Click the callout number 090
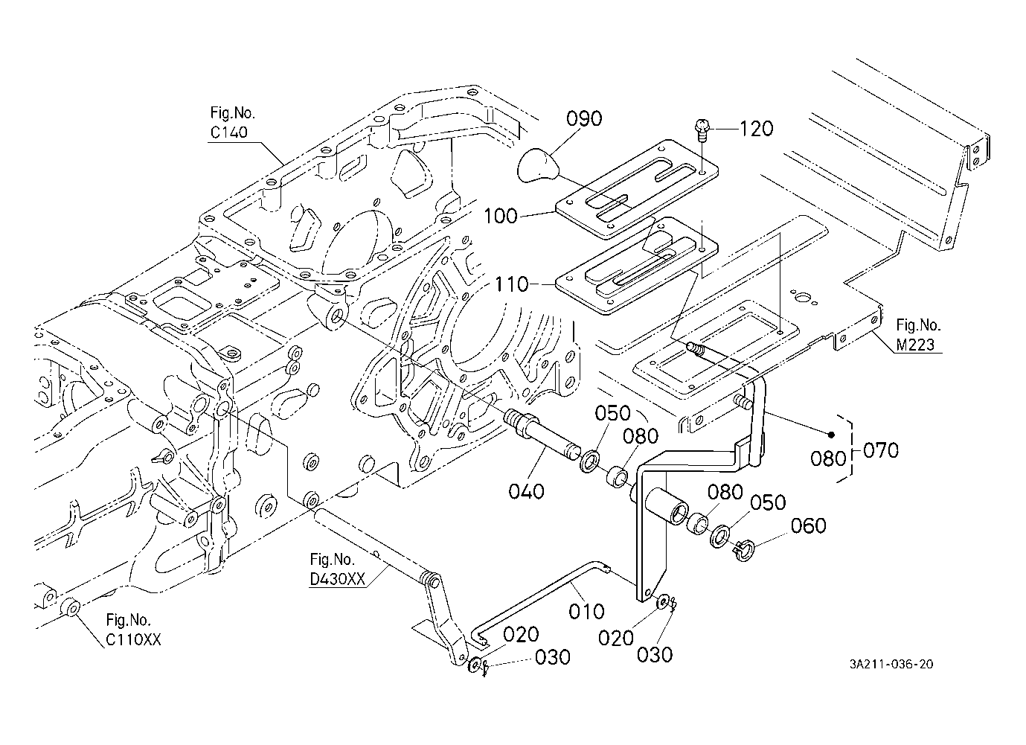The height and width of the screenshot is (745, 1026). [584, 118]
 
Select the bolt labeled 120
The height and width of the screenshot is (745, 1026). [702, 130]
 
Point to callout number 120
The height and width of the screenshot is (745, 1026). [756, 129]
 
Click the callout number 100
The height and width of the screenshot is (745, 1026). [501, 217]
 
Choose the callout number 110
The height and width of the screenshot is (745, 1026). [511, 284]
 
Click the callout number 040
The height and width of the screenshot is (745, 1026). [527, 491]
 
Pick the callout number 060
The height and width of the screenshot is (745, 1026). [808, 526]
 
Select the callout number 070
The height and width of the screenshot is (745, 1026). [881, 450]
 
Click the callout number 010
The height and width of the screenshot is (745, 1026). [587, 611]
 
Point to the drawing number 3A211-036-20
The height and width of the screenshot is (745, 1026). [891, 664]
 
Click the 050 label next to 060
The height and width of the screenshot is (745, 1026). [768, 502]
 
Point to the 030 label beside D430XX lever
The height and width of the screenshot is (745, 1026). [552, 658]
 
